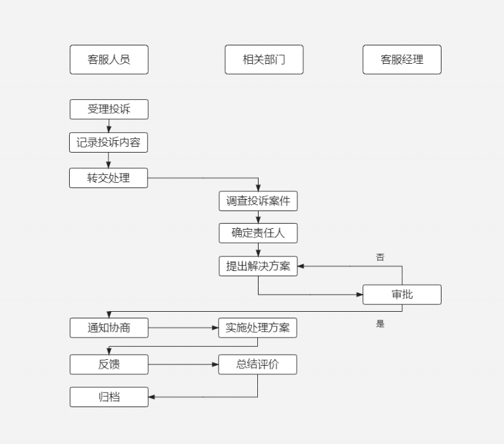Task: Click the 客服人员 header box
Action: tap(109, 59)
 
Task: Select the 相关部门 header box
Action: tap(264, 59)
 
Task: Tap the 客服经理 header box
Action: tap(402, 59)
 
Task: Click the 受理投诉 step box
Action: tap(109, 109)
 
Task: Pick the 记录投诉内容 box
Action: tap(109, 142)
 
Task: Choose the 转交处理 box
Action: tap(109, 178)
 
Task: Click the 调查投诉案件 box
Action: tap(258, 201)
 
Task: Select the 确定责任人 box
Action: tap(258, 233)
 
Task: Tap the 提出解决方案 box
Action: tap(258, 266)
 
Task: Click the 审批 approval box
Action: tap(402, 295)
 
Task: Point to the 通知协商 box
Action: tap(109, 328)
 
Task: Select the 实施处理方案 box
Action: tap(257, 328)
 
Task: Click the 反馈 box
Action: tap(109, 364)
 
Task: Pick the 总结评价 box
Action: tap(257, 364)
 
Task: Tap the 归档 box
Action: tap(109, 397)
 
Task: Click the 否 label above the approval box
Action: tap(380, 257)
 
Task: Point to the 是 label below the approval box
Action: tap(380, 324)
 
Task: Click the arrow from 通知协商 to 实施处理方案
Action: tap(184, 328)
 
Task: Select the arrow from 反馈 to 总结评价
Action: tap(184, 364)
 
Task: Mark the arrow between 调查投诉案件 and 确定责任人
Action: tap(258, 217)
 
